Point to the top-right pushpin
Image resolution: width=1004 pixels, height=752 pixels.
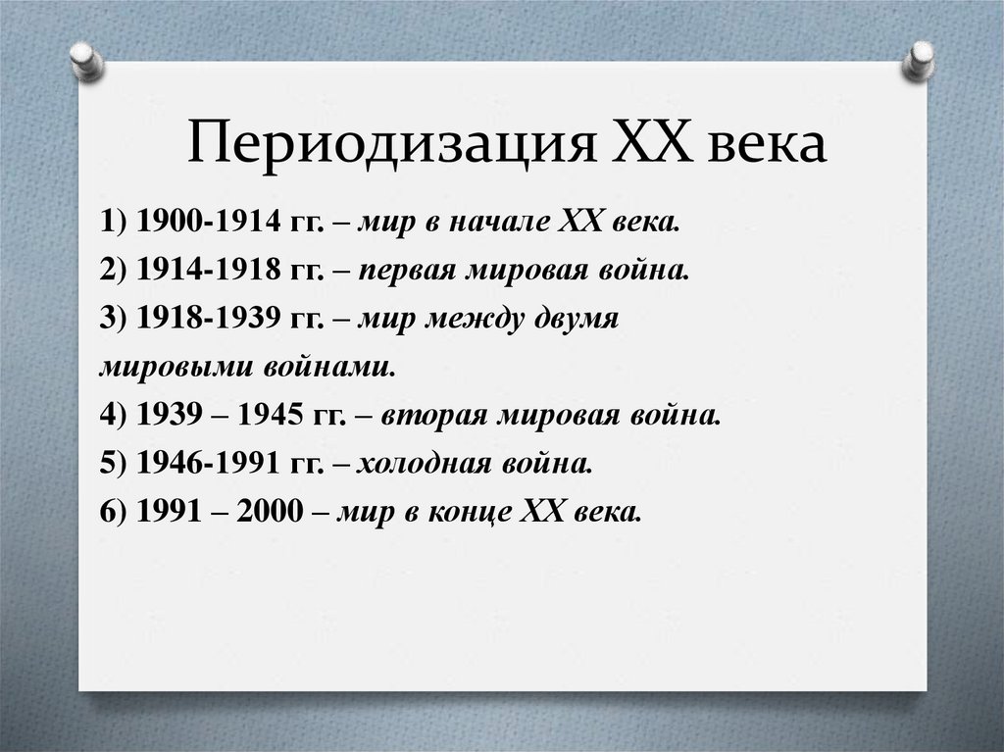919,59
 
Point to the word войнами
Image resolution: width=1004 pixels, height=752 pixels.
329,368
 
